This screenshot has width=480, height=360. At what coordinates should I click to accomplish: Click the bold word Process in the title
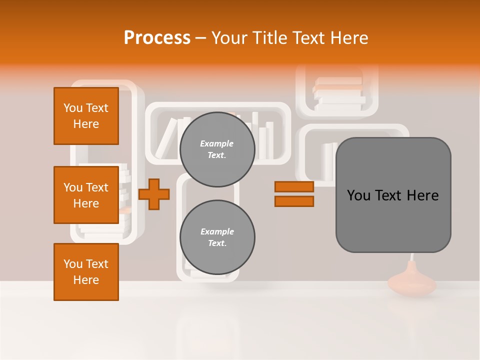coord(157,38)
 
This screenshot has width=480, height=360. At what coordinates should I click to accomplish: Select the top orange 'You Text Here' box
coord(86,116)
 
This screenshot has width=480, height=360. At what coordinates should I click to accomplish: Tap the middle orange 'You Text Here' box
coord(86,195)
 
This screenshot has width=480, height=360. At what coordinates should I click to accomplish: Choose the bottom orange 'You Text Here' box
coord(86,272)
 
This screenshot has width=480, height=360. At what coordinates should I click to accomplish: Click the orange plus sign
coord(154,193)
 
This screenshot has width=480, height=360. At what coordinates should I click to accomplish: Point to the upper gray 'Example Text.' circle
coord(217,149)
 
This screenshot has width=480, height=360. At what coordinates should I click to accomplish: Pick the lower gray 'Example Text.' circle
coord(217,237)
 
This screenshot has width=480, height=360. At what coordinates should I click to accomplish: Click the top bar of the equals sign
coord(294,187)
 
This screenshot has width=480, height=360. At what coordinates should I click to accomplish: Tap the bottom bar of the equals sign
coord(294,201)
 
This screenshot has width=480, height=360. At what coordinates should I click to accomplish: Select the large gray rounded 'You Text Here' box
coord(393,195)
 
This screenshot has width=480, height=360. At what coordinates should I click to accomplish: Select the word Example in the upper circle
coord(217,144)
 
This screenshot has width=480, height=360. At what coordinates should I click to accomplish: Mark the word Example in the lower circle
coord(217,232)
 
